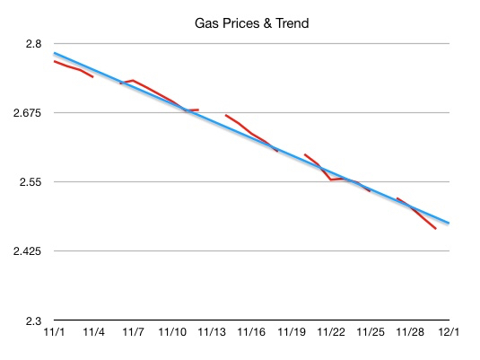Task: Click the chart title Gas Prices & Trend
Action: (252, 22)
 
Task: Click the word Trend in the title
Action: (291, 22)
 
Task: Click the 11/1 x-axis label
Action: (55, 333)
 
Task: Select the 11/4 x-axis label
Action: (94, 333)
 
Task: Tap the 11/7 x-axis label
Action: (134, 333)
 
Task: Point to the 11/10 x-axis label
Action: (173, 333)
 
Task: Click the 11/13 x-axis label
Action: (213, 333)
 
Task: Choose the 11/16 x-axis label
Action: (252, 333)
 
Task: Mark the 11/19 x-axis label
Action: (292, 333)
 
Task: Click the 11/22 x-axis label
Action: (331, 333)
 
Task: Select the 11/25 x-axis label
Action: (371, 333)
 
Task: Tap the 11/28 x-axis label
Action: (410, 333)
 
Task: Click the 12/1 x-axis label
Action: (449, 333)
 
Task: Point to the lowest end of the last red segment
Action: (435, 228)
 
